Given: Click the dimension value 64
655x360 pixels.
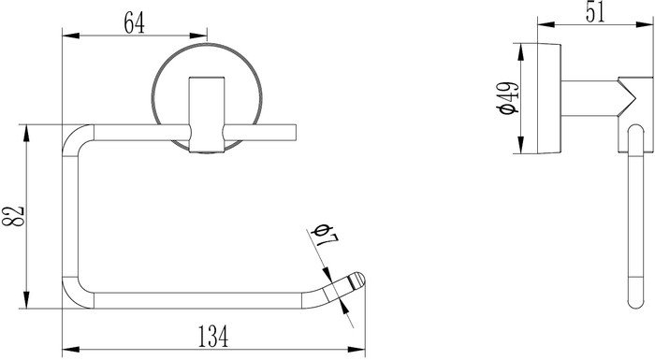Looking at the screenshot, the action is [135, 23].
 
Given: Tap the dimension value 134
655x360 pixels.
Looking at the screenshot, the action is [213, 337].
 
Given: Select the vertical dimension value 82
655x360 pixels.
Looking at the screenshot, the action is [13, 216].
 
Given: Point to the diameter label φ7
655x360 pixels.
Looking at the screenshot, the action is [325, 235].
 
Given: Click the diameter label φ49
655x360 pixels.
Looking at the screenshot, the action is [508, 98].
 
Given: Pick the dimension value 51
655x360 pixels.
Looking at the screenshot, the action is [595, 12].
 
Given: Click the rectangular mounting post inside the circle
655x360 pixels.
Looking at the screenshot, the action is [207, 114].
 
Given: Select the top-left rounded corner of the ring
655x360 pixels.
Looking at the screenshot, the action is [74, 137].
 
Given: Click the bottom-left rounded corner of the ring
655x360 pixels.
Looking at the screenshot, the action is [74, 297].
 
